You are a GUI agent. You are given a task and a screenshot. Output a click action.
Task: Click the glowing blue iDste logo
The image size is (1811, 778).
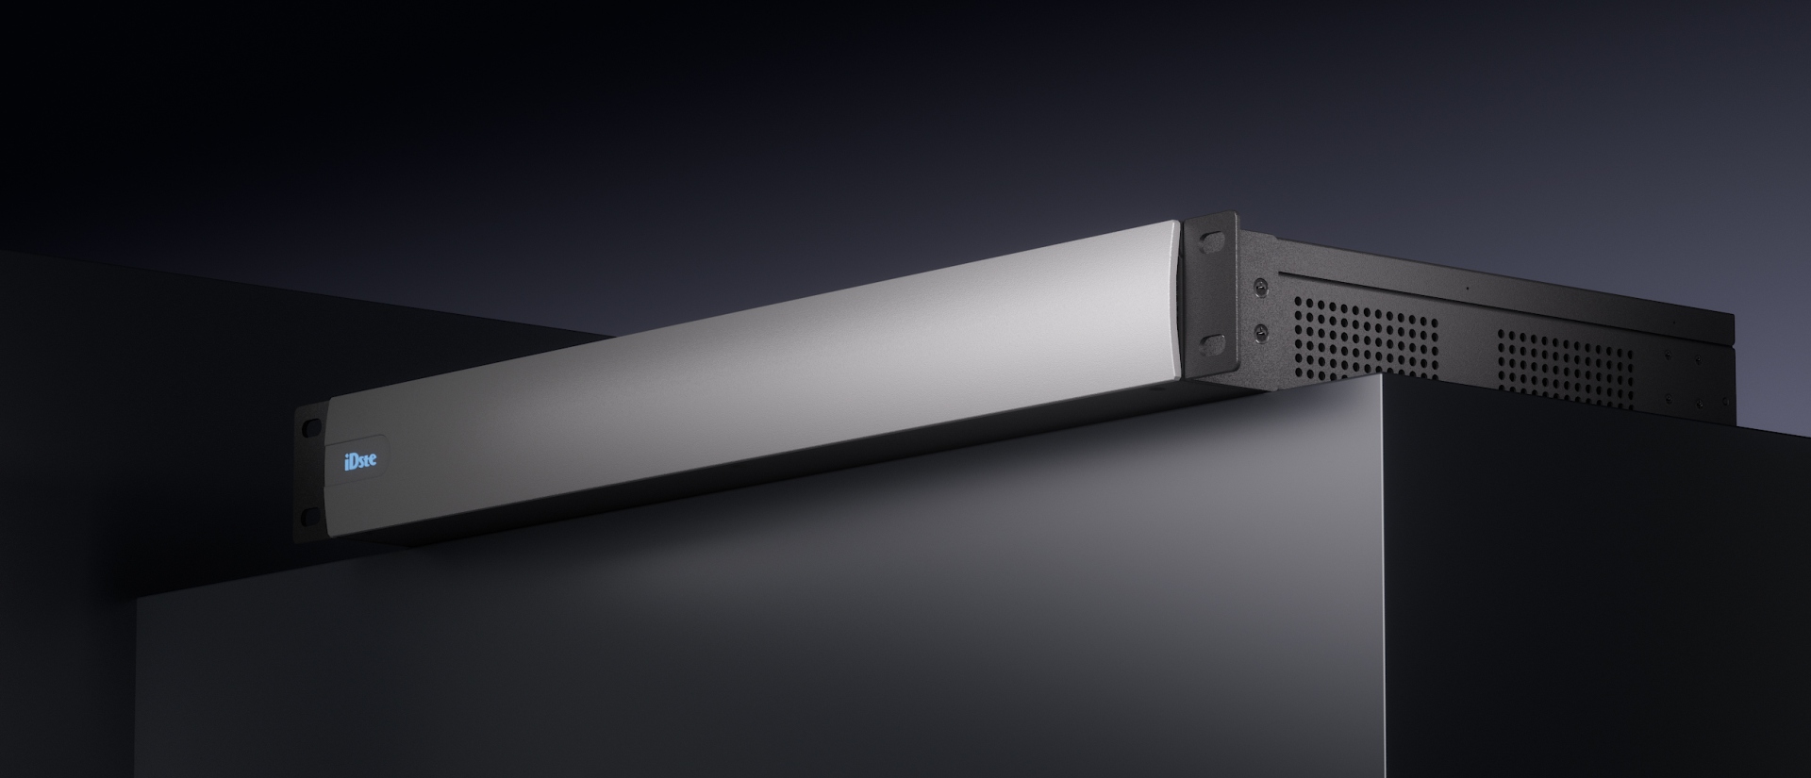click(x=360, y=460)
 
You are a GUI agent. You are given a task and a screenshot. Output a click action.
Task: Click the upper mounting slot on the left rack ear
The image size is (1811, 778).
click(x=309, y=425)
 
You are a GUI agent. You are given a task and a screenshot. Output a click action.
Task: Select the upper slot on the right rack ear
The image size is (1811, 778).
click(x=1211, y=242)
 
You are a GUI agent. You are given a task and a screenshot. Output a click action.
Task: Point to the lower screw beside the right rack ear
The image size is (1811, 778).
click(x=1260, y=330)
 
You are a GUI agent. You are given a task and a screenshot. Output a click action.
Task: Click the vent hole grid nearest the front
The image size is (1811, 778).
click(x=1365, y=339)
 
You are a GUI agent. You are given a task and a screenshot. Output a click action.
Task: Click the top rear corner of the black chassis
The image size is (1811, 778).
click(x=1733, y=319)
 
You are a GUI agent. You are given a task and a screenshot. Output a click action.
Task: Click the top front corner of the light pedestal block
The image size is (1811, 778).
click(x=1381, y=379)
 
